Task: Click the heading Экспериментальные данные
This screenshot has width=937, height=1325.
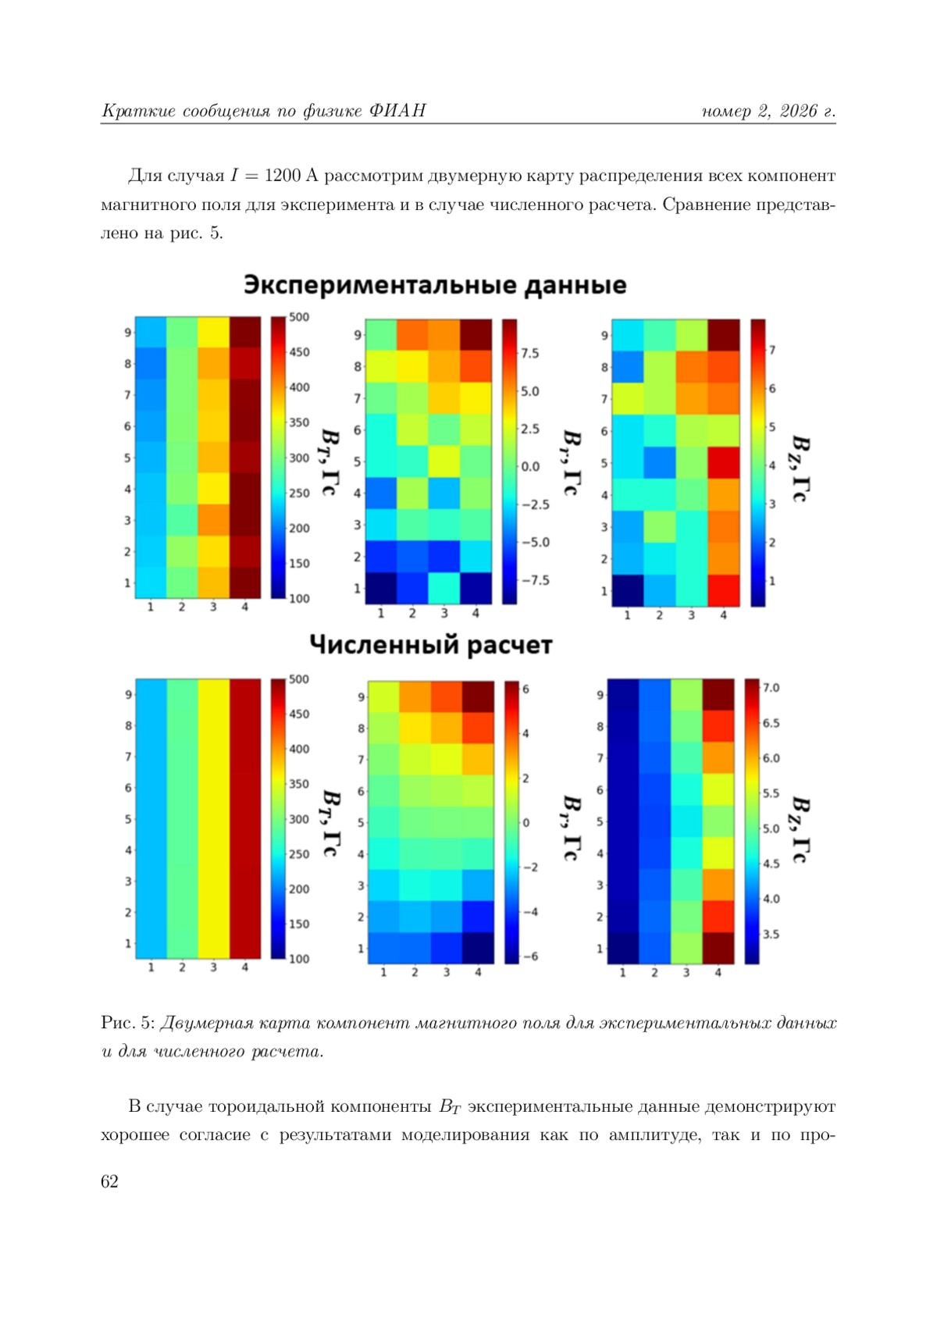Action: pyautogui.click(x=434, y=285)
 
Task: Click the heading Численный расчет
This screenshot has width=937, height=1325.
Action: pyautogui.click(x=431, y=645)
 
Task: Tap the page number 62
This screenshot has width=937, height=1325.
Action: pyautogui.click(x=109, y=1181)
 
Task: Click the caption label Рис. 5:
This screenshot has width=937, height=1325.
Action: pyautogui.click(x=129, y=1023)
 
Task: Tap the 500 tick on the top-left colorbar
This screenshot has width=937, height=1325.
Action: pyautogui.click(x=299, y=317)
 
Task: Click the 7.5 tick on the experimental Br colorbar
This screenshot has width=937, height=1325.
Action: pyautogui.click(x=530, y=353)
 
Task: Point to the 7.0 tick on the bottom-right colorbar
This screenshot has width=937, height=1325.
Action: pyautogui.click(x=771, y=688)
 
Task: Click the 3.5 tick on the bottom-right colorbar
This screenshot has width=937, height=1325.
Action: pyautogui.click(x=771, y=934)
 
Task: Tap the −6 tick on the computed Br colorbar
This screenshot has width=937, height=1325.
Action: pyautogui.click(x=530, y=956)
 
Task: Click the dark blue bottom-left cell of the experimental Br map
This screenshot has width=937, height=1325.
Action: pyautogui.click(x=381, y=588)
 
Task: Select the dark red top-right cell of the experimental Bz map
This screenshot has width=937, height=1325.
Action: pyautogui.click(x=723, y=335)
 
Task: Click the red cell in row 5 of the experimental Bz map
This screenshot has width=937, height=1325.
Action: pyautogui.click(x=723, y=462)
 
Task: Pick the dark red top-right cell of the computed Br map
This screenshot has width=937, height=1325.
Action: pyautogui.click(x=478, y=696)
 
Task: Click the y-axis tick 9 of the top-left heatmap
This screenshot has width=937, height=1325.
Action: pyautogui.click(x=127, y=333)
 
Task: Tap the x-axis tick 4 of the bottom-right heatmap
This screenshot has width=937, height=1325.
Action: pyautogui.click(x=718, y=973)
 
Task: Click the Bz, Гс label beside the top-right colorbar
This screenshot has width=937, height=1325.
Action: pyautogui.click(x=800, y=468)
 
